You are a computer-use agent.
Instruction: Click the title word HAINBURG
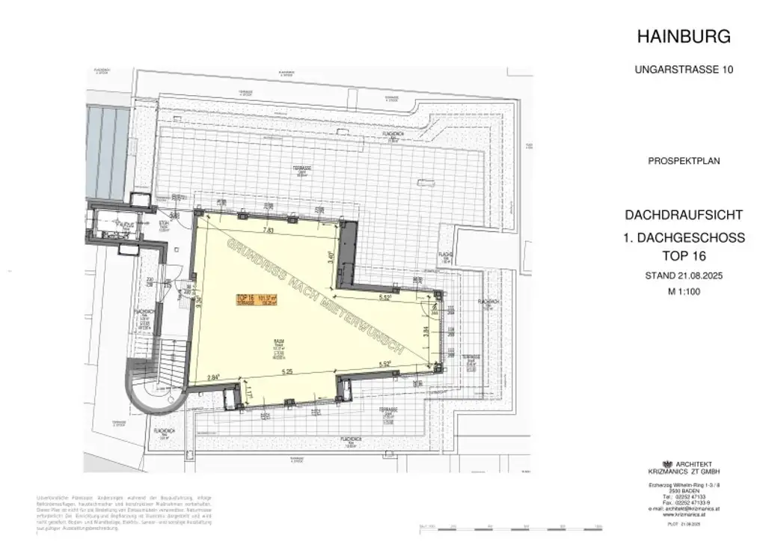pos(683,36)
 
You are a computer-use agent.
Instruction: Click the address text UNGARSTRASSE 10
pos(683,70)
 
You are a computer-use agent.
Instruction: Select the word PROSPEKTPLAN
pos(683,161)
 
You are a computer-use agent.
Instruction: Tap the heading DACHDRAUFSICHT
pos(684,215)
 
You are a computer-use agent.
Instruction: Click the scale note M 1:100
pos(683,292)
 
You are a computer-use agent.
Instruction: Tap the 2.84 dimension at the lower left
pos(214,377)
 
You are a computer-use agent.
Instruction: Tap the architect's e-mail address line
pos(684,509)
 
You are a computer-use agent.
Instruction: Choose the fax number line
pos(684,502)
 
